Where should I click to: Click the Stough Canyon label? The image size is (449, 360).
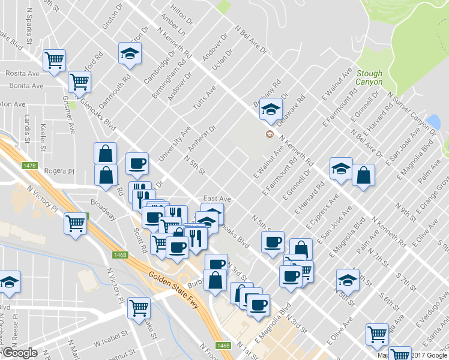tap(369, 77)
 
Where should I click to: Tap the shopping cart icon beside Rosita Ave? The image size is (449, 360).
tap(54, 60)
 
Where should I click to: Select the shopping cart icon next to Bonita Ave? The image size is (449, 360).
tap(79, 82)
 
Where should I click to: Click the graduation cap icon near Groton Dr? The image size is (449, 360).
tap(130, 54)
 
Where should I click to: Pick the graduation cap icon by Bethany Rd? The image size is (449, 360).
tap(271, 109)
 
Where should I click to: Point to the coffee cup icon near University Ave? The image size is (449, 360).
tap(137, 164)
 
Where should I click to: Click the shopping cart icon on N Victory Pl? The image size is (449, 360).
tap(76, 224)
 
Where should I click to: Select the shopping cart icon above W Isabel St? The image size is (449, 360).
tap(139, 308)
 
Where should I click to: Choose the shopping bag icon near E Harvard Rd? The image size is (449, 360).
tap(363, 176)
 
